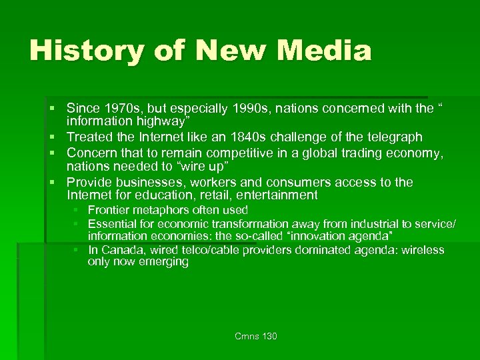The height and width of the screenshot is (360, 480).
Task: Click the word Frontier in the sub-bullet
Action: click(x=109, y=211)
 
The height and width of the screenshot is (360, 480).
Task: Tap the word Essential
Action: click(x=111, y=224)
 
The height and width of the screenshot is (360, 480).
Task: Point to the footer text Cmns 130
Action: click(x=256, y=336)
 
